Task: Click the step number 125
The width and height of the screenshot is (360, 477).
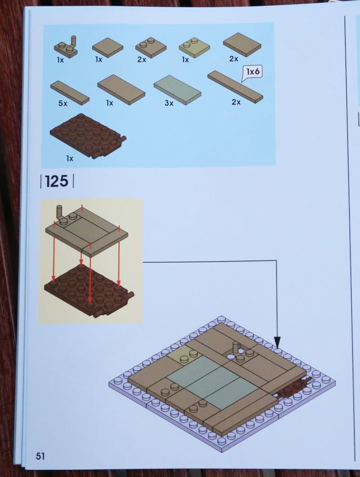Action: point(57,181)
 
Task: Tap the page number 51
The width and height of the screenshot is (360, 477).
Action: point(40,456)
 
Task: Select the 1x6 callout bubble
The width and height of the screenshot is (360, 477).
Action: point(252,72)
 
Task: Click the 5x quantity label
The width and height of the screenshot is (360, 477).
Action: point(63,103)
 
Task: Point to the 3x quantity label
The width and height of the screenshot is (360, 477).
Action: point(169,103)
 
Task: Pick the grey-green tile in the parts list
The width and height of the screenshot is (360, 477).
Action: point(177,90)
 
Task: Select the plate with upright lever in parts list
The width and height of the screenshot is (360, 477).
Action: point(66,47)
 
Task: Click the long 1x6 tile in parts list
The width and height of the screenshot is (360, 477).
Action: point(235,87)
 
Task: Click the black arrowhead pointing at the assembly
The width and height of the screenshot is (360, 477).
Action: point(277,342)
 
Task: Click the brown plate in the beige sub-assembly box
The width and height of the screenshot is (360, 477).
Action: point(89,291)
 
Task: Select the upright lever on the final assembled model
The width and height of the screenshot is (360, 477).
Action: point(236,348)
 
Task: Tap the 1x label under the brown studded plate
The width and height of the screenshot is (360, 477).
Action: point(70,159)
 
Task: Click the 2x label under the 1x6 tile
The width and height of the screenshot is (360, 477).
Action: point(236,102)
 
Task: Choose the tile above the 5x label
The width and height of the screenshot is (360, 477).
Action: point(70,93)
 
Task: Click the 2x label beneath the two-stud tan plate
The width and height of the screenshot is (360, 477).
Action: point(142,59)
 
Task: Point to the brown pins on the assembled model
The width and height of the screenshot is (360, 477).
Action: point(294,388)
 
